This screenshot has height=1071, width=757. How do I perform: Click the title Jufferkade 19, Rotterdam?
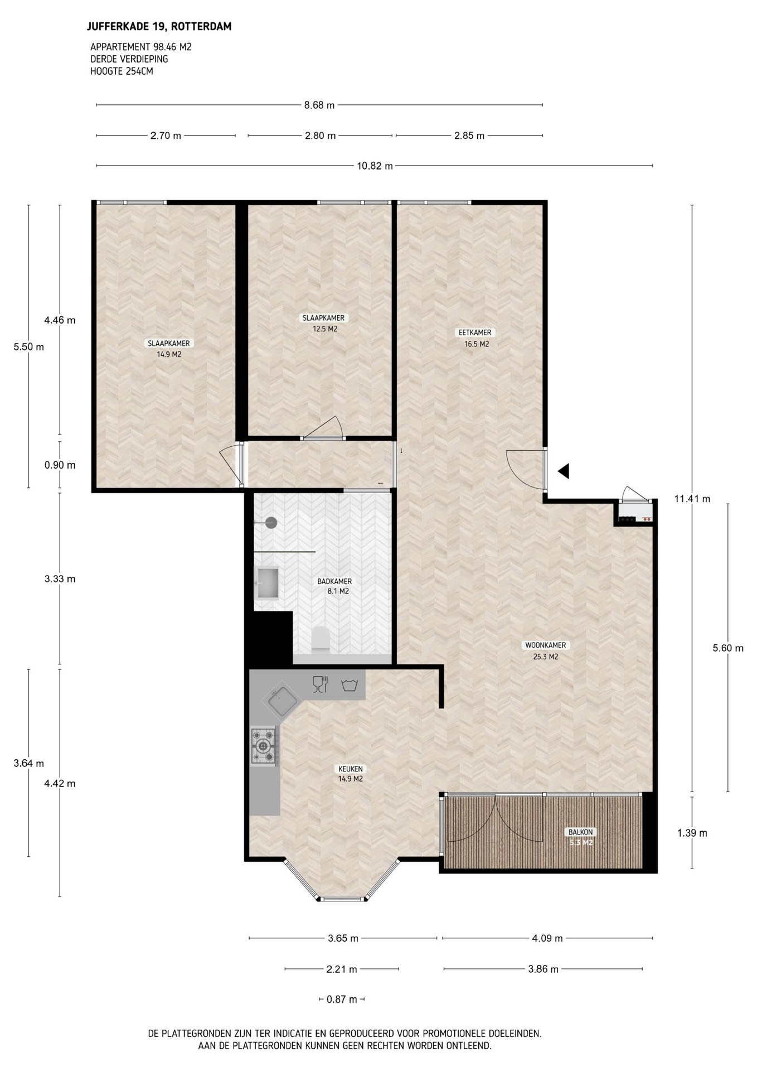[159, 26]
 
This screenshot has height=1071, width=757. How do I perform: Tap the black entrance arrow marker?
[564, 471]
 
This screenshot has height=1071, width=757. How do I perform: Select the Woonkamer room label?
[545, 645]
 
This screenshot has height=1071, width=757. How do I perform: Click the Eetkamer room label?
[475, 332]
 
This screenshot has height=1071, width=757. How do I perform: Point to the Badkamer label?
[334, 581]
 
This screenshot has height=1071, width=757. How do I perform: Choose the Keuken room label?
[350, 769]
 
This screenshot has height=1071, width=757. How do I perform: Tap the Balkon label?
[581, 832]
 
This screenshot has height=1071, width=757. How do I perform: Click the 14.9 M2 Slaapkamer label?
[168, 349]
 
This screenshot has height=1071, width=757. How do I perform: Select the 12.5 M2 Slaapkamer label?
[323, 323]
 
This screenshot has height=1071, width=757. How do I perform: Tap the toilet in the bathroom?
[321, 639]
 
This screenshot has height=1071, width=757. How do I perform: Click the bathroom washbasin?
[268, 583]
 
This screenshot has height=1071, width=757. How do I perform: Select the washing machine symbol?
[350, 685]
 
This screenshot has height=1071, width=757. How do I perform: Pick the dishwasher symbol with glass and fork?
[320, 684]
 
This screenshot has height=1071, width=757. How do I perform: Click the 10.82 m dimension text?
[375, 166]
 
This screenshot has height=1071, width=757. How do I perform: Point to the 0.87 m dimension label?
[342, 999]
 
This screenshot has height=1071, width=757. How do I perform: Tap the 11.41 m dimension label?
[692, 499]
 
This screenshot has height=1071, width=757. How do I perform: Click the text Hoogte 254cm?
[122, 71]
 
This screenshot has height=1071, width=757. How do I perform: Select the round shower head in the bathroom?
[271, 523]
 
